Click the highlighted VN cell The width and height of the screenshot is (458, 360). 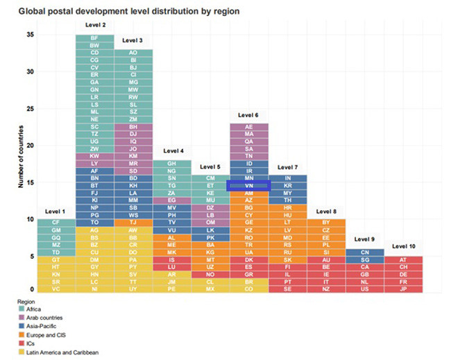[248, 185]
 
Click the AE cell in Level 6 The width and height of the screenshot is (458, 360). [249, 127]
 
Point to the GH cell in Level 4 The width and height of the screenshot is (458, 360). [171, 163]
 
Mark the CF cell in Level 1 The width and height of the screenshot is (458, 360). [56, 222]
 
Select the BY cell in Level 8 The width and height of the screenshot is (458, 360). [326, 222]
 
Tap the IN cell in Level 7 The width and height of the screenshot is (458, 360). [288, 178]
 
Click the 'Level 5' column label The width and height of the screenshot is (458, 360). [210, 166]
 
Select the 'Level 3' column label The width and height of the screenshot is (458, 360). [133, 40]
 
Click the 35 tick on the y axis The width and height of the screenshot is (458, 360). [30, 35]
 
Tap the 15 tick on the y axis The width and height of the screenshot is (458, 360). [30, 182]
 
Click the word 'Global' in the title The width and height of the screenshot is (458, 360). [31, 12]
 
